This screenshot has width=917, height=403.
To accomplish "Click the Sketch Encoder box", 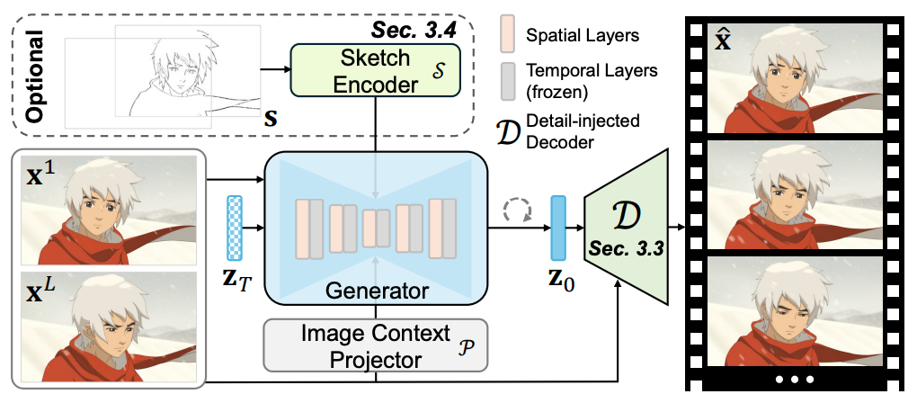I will point(376,69).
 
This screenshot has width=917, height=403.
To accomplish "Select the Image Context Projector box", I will point(375,345).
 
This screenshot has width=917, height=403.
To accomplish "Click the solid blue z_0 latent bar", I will point(558,228).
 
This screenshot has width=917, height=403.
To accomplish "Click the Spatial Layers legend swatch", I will point(509,37).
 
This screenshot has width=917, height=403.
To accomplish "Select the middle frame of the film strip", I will point(792,193).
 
